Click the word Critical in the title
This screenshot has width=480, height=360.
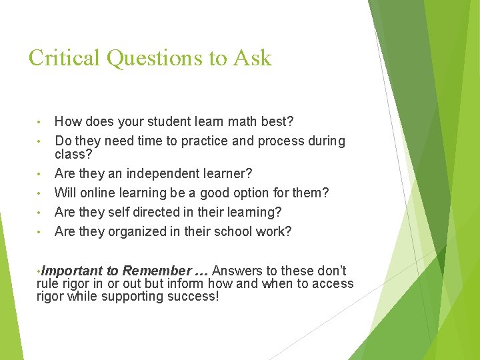(x=65, y=58)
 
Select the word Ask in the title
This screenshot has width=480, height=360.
(x=253, y=58)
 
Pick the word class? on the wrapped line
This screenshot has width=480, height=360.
(x=73, y=154)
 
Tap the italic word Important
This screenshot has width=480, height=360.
(x=72, y=271)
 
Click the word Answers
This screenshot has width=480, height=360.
(x=237, y=271)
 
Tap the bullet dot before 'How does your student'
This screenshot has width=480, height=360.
(x=40, y=123)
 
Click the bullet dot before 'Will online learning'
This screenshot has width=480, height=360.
(x=40, y=193)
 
